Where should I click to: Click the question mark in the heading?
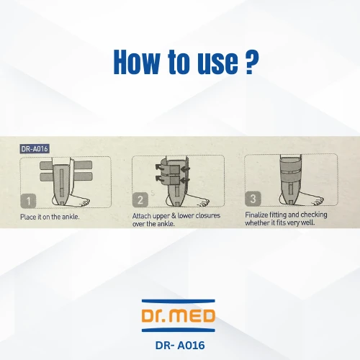pyautogui.click(x=252, y=62)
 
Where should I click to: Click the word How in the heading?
pyautogui.click(x=137, y=62)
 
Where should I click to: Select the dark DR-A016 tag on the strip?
pyautogui.click(x=35, y=149)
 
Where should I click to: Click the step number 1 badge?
pyautogui.click(x=28, y=201)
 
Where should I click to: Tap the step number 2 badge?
pyautogui.click(x=140, y=199)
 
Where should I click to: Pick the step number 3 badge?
pyautogui.click(x=253, y=199)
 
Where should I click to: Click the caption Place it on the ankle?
pyautogui.click(x=50, y=217)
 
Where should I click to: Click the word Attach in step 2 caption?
pyautogui.click(x=142, y=216)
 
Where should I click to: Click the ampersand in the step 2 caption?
pyautogui.click(x=174, y=216)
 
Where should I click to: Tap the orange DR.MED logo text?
pyautogui.click(x=179, y=315)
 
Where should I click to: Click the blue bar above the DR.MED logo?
pyautogui.click(x=179, y=301)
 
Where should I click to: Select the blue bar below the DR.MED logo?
pyautogui.click(x=179, y=330)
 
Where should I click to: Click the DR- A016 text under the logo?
pyautogui.click(x=180, y=346)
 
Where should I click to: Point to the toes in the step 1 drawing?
pyautogui.click(x=86, y=202)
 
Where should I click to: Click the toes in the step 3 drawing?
pyautogui.click(x=318, y=201)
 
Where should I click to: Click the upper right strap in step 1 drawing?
pyautogui.click(x=83, y=165)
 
